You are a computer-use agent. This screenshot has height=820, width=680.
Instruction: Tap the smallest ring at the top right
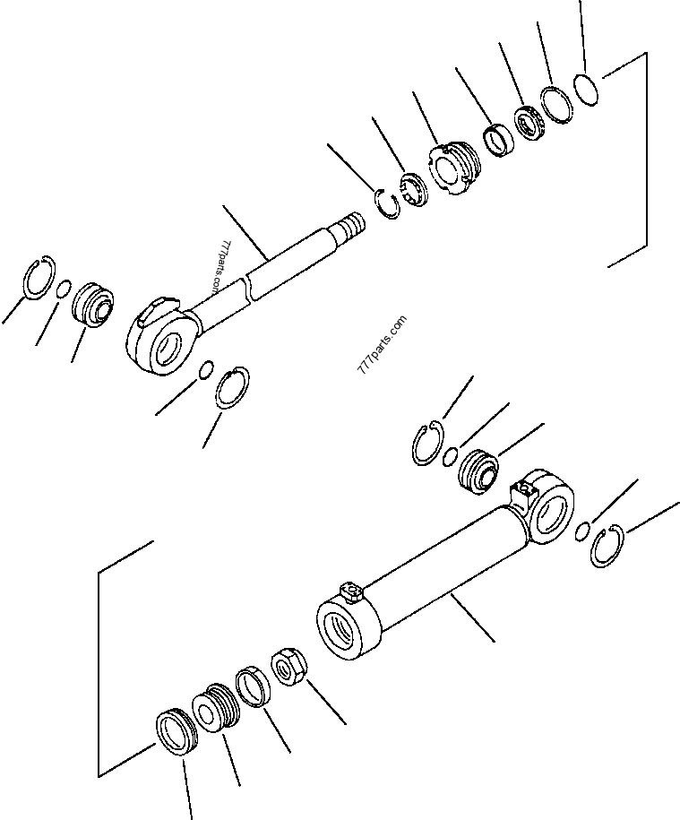(x=588, y=89)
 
